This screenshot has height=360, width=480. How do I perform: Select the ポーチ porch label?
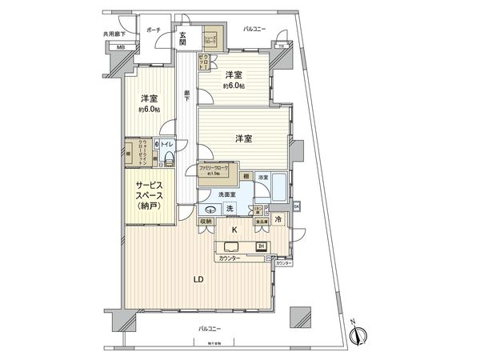tap(154, 30)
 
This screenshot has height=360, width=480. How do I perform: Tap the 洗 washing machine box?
tap(230, 209)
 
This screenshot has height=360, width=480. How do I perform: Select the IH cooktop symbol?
tap(261, 246)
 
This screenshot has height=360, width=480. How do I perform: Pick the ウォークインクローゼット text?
tap(138, 150)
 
